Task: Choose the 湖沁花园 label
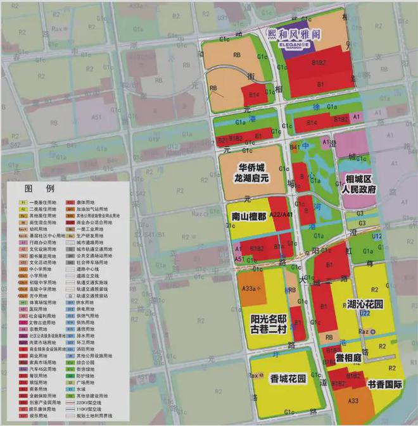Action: coord(365,304)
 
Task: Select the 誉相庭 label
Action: coord(348,359)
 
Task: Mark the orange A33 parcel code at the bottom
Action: coord(353,400)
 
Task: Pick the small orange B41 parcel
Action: coord(294,146)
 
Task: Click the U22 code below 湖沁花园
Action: coord(365,313)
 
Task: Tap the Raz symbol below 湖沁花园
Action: coord(365,331)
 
